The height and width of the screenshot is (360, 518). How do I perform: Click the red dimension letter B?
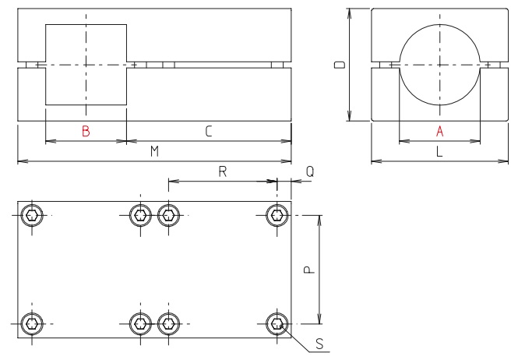(x=86, y=132)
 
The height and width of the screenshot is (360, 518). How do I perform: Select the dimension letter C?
(x=209, y=132)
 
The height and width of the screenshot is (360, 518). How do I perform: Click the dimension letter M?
(x=154, y=153)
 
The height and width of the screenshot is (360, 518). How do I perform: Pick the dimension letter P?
(x=308, y=269)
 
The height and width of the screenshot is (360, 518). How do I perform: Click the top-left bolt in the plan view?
(x=32, y=215)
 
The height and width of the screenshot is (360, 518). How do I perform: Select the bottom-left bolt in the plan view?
(x=32, y=323)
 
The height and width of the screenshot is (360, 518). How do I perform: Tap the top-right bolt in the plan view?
(x=277, y=215)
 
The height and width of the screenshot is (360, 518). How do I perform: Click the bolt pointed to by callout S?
(x=277, y=323)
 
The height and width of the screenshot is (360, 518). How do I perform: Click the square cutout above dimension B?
(x=86, y=64)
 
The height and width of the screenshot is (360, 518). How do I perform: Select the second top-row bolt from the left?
(x=140, y=215)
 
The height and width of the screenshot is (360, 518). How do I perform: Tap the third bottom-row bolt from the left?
(x=168, y=323)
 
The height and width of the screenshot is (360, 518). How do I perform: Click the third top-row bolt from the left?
(x=168, y=215)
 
